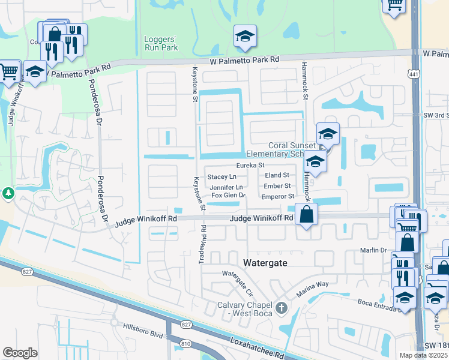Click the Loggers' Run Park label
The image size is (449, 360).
coord(162,43)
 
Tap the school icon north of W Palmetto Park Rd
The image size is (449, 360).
coord(244,37)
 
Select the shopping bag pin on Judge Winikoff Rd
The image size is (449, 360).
coord(306,215)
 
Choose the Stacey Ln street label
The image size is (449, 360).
coord(221,177)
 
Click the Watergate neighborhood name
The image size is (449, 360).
coord(267,263)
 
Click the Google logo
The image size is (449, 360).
coord(20,352)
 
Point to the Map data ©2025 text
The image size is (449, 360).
coord(423,355)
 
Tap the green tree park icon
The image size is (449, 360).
coord(8,193)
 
